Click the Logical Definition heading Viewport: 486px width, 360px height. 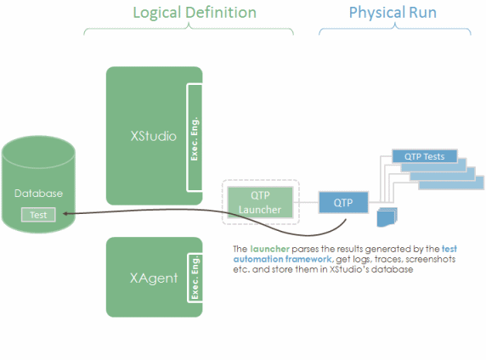[195, 13]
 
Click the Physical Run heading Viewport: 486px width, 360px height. [393, 13]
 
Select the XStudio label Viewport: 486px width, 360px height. [154, 136]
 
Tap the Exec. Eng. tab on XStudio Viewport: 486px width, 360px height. [195, 138]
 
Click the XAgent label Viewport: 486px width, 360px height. [154, 278]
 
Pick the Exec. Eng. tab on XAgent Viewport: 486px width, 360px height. [195, 278]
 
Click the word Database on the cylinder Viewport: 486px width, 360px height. [39, 194]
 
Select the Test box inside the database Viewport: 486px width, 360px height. [38, 215]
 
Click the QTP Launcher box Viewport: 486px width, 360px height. [260, 202]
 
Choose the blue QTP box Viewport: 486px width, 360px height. [343, 203]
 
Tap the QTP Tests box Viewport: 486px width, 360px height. [425, 156]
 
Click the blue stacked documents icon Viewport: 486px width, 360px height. [387, 217]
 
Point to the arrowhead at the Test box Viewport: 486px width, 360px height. [65, 213]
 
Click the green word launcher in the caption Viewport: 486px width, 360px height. [269, 249]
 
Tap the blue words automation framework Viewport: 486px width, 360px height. [282, 259]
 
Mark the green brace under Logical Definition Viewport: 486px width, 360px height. [189, 30]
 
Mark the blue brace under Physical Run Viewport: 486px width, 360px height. [395, 29]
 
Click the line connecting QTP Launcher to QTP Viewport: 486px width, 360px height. [306, 202]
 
